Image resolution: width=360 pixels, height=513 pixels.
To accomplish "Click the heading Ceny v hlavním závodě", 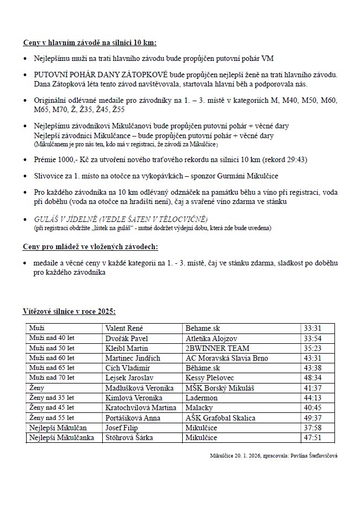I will pos(90,42).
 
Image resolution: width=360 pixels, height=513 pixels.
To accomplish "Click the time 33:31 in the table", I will pos(313,328).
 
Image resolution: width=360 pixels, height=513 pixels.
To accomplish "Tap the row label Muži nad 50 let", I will pos(52,348).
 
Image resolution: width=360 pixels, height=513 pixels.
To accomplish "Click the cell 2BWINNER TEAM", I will pos(218,348).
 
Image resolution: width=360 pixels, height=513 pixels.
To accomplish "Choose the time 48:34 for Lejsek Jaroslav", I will pos(313,378).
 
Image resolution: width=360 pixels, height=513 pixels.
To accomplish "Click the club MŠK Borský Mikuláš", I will pos(220,388).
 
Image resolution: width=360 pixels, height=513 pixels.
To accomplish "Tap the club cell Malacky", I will pos(200,407).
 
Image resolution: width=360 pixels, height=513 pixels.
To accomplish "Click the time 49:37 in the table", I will pos(313,418).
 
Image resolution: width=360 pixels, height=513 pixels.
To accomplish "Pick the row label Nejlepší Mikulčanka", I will pos(62,437).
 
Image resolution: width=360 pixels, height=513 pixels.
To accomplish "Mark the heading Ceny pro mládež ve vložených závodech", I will pos(90,246).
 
